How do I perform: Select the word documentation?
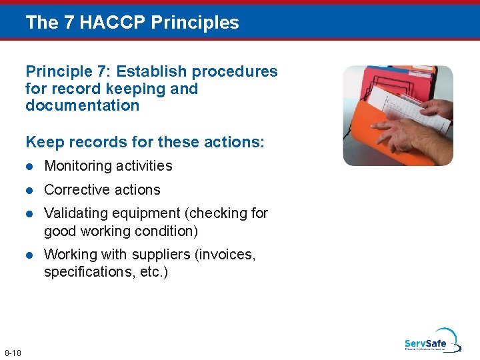coord(82,105)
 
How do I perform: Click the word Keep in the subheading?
coord(43,142)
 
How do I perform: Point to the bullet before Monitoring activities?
coord(29,166)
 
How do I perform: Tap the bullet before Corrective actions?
coord(29,190)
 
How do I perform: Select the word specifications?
coord(83,273)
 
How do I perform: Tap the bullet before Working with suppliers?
coord(29,255)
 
